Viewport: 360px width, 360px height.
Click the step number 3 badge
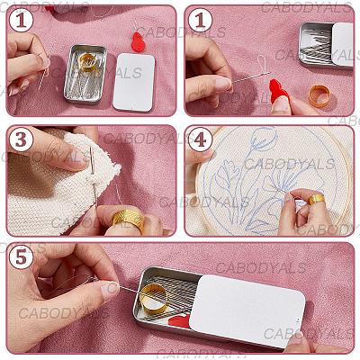pyautogui.click(x=21, y=140)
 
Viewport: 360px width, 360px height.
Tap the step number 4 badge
pyautogui.click(x=201, y=140)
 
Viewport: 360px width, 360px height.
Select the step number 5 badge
pyautogui.click(x=21, y=257)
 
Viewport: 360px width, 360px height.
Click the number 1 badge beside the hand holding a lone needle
pyautogui.click(x=21, y=21)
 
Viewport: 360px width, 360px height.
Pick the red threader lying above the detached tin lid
pyautogui.click(x=138, y=41)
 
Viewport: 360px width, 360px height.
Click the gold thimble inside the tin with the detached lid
pyautogui.click(x=88, y=62)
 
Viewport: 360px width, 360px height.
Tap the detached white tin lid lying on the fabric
pyautogui.click(x=134, y=83)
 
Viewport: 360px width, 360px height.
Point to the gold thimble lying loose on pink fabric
pyautogui.click(x=319, y=96)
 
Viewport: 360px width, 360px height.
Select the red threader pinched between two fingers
pyautogui.click(x=278, y=90)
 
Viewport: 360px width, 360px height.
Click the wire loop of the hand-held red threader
pyautogui.click(x=261, y=65)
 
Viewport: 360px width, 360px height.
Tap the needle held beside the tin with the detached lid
pyautogui.click(x=47, y=65)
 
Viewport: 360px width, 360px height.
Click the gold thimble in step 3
pyautogui.click(x=129, y=220)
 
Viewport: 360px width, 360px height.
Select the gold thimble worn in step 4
pyautogui.click(x=317, y=199)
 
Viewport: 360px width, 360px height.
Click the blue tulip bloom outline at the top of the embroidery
pyautogui.click(x=264, y=139)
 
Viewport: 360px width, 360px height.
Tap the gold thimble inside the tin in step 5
pyautogui.click(x=155, y=299)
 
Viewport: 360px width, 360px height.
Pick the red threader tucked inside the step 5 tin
pyautogui.click(x=180, y=321)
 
